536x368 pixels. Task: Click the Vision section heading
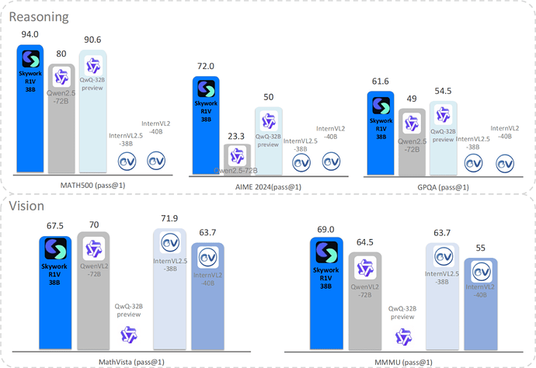point(27,206)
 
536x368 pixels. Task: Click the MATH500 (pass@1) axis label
point(88,186)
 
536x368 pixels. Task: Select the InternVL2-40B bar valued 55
point(479,303)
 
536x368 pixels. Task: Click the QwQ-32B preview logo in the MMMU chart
point(401,336)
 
